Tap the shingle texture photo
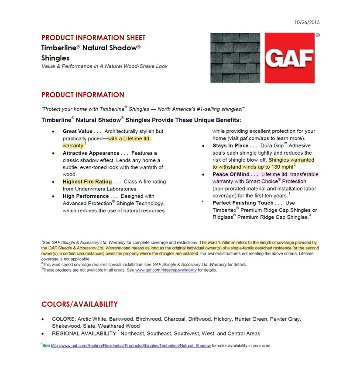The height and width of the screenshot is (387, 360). pyautogui.click(x=235, y=58)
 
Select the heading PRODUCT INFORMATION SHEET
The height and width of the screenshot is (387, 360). pyautogui.click(x=93, y=38)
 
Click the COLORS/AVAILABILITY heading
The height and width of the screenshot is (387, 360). pyautogui.click(x=79, y=304)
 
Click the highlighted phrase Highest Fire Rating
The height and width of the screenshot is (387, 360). pyautogui.click(x=87, y=182)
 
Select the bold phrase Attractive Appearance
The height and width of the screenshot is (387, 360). pyautogui.click(x=91, y=153)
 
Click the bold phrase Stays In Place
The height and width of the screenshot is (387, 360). pyautogui.click(x=230, y=146)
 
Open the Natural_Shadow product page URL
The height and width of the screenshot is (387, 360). pyautogui.click(x=131, y=346)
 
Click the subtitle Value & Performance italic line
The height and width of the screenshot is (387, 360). pyautogui.click(x=104, y=66)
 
